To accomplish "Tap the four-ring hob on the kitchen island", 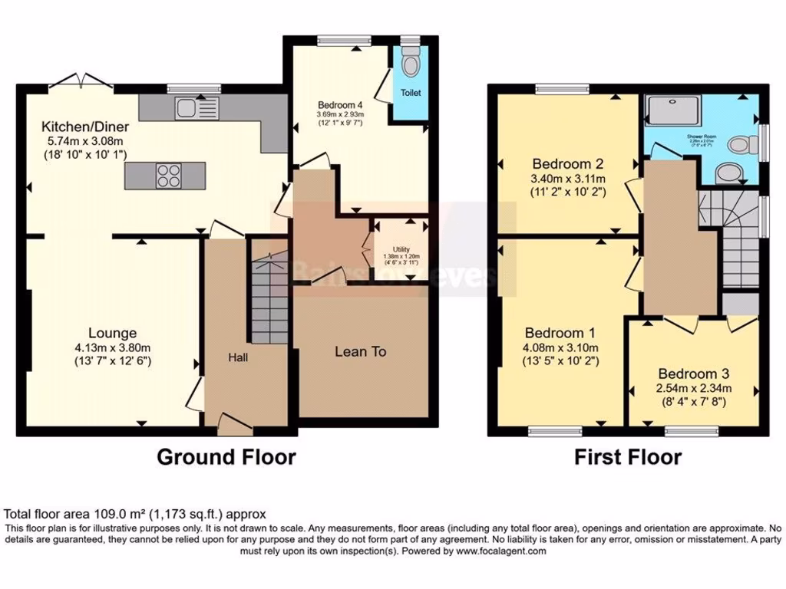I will click(x=168, y=176).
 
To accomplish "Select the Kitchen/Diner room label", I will click(x=85, y=127).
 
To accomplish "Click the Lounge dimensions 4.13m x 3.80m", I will click(x=112, y=347).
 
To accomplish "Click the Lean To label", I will click(x=360, y=352).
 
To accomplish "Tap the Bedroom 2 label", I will click(x=567, y=164).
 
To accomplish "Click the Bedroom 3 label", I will click(x=693, y=373).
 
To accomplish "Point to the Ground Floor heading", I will click(x=226, y=457).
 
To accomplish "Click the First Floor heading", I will click(x=628, y=457).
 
